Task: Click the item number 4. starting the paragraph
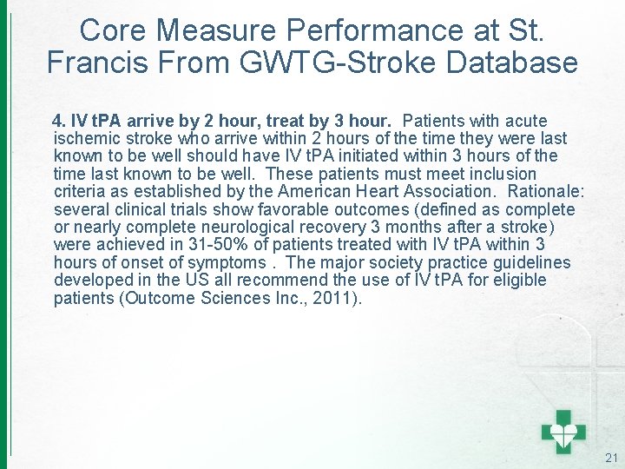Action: pyautogui.click(x=60, y=121)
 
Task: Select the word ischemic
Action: pyautogui.click(x=84, y=138)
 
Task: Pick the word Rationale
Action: pyautogui.click(x=540, y=191)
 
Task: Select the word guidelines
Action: pyautogui.click(x=531, y=262)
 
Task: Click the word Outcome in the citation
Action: pyautogui.click(x=160, y=298)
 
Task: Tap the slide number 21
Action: pyautogui.click(x=611, y=458)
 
